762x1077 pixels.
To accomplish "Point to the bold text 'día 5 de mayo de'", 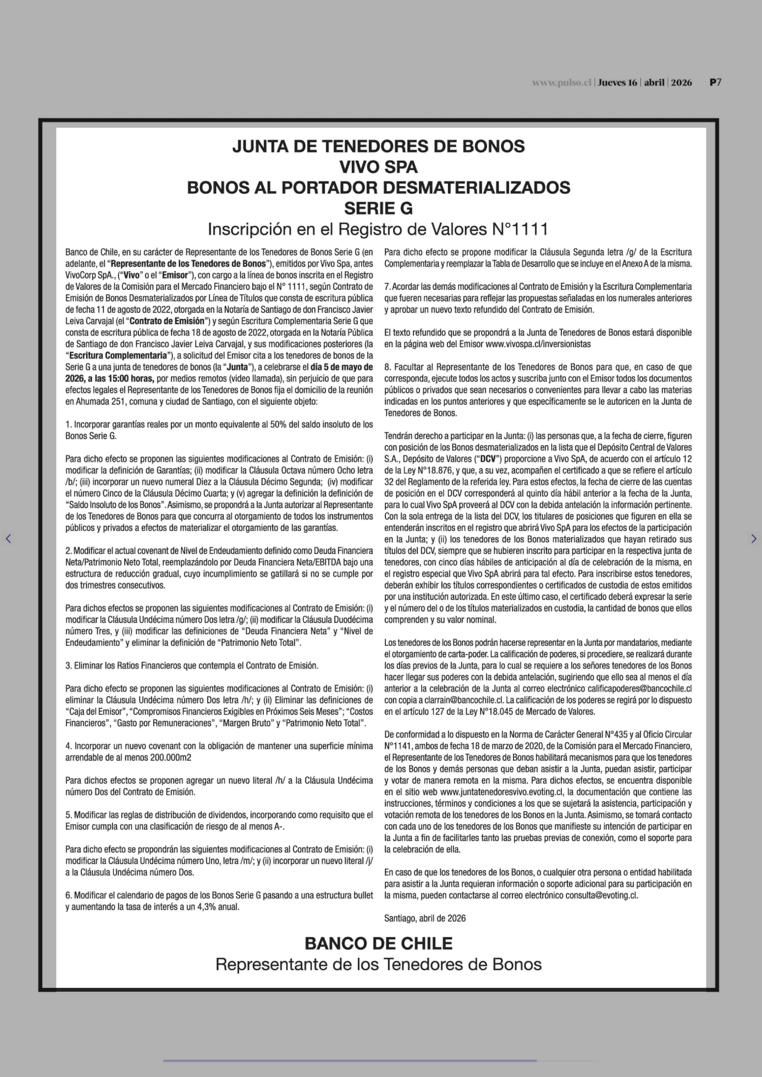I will [342, 367].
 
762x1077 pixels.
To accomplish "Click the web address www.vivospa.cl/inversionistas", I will [538, 344].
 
